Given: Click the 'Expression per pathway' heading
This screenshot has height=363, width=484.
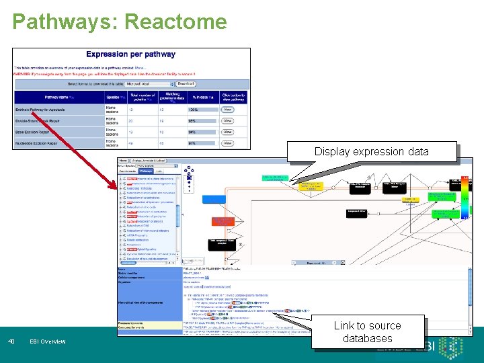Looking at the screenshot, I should [131, 54].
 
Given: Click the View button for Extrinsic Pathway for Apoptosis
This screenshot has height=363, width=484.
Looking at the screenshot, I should [227, 109].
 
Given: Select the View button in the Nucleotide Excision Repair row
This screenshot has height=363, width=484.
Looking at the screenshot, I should [227, 143].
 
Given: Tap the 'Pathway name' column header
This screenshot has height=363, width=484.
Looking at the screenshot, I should [57, 97].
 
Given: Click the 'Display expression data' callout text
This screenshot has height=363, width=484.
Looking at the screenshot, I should [371, 151].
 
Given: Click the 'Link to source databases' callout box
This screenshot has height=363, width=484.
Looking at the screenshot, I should [367, 331].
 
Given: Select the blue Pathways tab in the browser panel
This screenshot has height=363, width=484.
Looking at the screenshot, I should [146, 171].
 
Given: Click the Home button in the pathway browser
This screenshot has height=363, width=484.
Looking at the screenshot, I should [123, 161].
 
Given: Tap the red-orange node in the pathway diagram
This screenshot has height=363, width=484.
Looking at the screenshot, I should [222, 221].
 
